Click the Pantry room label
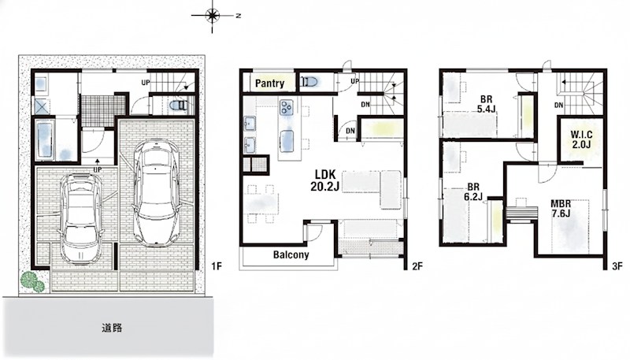(x=269, y=84)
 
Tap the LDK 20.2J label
(x=324, y=180)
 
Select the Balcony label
(x=291, y=254)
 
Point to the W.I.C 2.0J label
(x=581, y=139)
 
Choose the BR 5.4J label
(x=486, y=104)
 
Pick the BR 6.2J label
(x=473, y=192)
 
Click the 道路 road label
(x=112, y=328)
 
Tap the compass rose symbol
(x=212, y=16)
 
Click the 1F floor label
(x=217, y=266)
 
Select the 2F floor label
(x=417, y=266)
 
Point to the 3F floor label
(x=617, y=266)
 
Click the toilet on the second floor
(x=309, y=82)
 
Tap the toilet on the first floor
(x=179, y=106)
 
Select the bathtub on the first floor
(x=45, y=139)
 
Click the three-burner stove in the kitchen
(x=287, y=108)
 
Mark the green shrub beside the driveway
(x=33, y=281)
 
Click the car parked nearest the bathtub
(x=82, y=217)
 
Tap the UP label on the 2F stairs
(x=355, y=81)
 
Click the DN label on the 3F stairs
(x=558, y=106)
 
